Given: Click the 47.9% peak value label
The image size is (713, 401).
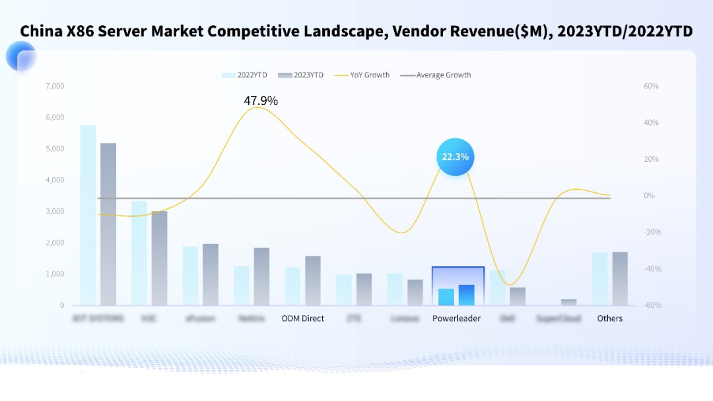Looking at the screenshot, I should point(261,101).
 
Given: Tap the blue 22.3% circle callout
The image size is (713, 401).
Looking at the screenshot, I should point(456,157).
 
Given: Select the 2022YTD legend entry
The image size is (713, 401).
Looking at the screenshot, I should point(245,75).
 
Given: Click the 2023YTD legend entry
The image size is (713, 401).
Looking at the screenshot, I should point(301,75).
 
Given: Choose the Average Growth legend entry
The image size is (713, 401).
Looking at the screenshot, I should point(436,75).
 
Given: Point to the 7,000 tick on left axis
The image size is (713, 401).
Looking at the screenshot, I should point(55,87).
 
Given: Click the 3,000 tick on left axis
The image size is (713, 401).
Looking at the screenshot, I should point(55,211).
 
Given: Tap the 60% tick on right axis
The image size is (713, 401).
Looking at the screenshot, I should point(651,87).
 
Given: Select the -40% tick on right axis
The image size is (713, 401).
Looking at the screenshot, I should point(651,269).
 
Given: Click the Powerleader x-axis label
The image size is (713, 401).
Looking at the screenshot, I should point(456,318).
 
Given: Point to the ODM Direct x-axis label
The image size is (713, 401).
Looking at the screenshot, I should point(303,318).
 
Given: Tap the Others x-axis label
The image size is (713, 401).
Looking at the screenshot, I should point(610,318).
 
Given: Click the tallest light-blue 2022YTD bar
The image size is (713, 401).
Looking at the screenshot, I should point(88,215).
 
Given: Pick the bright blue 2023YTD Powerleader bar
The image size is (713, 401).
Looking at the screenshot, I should point(467,295).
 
